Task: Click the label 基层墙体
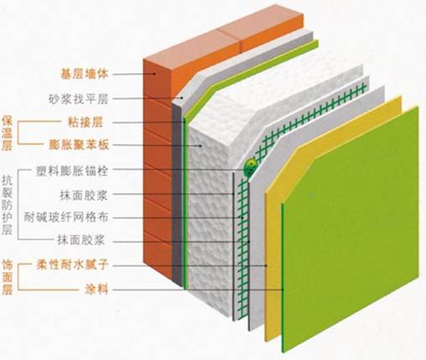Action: (x=84, y=74)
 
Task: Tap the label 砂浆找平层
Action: (x=78, y=99)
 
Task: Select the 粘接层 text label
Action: (x=86, y=123)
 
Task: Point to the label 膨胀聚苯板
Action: (x=79, y=145)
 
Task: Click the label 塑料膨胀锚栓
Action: (x=72, y=171)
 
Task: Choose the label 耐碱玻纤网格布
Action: (x=66, y=217)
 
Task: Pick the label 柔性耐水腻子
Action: (x=72, y=264)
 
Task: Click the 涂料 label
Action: (x=96, y=290)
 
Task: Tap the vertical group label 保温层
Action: (x=7, y=133)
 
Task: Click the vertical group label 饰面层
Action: (x=8, y=277)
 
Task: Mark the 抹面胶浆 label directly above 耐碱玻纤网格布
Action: (x=84, y=195)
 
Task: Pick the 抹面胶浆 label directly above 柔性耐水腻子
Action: (x=81, y=240)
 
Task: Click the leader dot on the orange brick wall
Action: (x=154, y=74)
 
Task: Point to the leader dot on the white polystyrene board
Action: (x=200, y=145)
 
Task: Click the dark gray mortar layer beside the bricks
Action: (x=177, y=196)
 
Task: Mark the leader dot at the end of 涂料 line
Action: (x=283, y=290)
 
